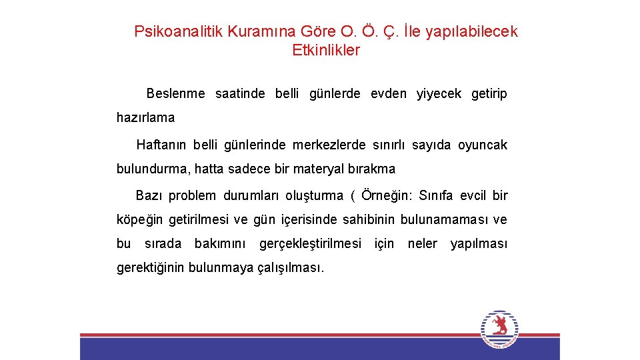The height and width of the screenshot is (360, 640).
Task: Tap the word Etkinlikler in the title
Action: click(326, 50)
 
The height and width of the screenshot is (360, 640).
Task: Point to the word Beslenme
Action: click(175, 94)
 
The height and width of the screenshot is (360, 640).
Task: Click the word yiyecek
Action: click(439, 94)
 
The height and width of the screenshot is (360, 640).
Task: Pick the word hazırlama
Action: click(145, 118)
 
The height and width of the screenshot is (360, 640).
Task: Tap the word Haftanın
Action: click(162, 145)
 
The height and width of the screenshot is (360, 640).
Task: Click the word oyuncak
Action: click(483, 145)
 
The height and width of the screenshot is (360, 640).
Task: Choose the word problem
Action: click(192, 196)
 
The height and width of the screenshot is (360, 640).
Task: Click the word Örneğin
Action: click(386, 196)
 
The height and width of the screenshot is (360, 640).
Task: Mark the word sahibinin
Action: click(369, 220)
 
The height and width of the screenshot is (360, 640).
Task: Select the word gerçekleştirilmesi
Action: click(310, 244)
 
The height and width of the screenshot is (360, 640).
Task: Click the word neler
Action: click(422, 244)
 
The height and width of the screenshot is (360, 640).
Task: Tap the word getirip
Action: click(489, 94)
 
